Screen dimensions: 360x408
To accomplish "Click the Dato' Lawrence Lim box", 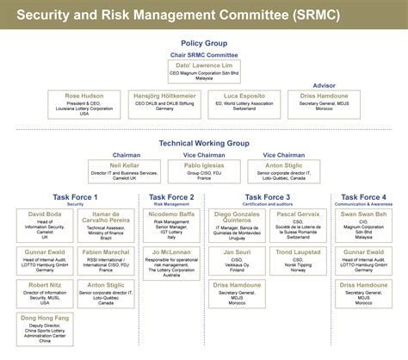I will tap(203, 71).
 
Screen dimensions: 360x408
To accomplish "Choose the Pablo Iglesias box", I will tap(203, 171).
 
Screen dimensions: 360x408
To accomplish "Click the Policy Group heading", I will tap(203, 42).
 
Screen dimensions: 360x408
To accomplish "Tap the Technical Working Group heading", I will tap(203, 143).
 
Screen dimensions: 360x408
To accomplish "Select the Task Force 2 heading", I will tap(171, 197).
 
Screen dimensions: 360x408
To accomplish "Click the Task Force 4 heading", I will tap(364, 197).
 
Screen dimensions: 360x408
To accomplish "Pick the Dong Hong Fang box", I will tap(44, 329).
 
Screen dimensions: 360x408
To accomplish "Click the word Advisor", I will tap(324, 85).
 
